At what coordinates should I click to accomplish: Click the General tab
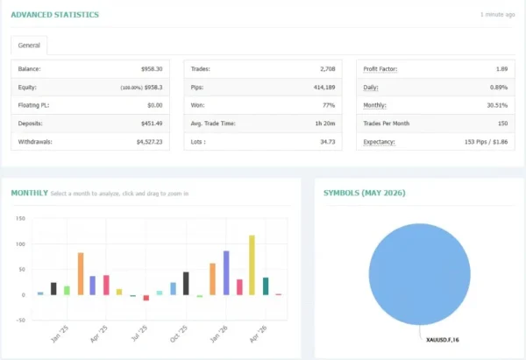pyautogui.click(x=29, y=46)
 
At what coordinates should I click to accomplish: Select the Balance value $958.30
pyautogui.click(x=152, y=69)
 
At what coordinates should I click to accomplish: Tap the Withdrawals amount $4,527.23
pyautogui.click(x=149, y=142)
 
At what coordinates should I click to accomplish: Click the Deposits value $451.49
pyautogui.click(x=152, y=124)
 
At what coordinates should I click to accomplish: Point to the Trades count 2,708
pyautogui.click(x=327, y=69)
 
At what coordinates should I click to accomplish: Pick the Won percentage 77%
pyautogui.click(x=329, y=105)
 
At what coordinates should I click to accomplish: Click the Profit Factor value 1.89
pyautogui.click(x=501, y=69)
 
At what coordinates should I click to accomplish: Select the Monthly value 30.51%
pyautogui.click(x=497, y=105)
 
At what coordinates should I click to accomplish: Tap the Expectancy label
pyautogui.click(x=379, y=142)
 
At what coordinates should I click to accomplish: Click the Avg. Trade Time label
pyautogui.click(x=213, y=124)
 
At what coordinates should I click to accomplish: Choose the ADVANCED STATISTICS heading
pyautogui.click(x=55, y=15)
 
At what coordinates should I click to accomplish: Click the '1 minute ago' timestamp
pyautogui.click(x=497, y=14)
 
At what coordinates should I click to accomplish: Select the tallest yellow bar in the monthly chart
pyautogui.click(x=252, y=265)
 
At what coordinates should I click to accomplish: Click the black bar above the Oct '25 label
pyautogui.click(x=186, y=284)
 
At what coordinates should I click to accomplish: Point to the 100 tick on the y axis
pyautogui.click(x=20, y=244)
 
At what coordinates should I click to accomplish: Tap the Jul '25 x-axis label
pyautogui.click(x=139, y=334)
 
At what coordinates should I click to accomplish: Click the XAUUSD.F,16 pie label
pyautogui.click(x=443, y=340)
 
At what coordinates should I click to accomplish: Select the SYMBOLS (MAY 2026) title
pyautogui.click(x=365, y=193)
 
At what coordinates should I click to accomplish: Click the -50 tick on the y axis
pyautogui.click(x=20, y=320)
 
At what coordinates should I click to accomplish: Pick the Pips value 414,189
pyautogui.click(x=324, y=87)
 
